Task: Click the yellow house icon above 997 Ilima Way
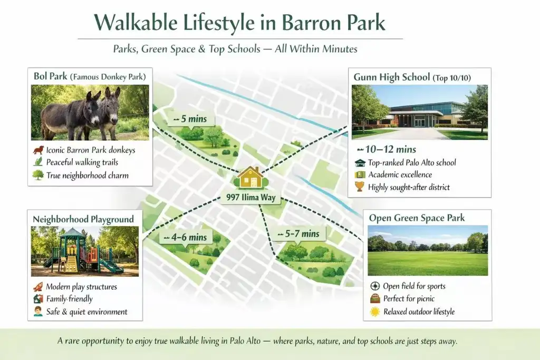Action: (251, 178)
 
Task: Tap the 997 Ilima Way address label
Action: (250, 198)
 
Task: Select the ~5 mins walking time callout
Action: (190, 119)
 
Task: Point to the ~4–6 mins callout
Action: (185, 238)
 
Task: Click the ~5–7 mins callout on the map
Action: (298, 234)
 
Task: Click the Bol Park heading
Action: (50, 76)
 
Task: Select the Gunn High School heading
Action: (392, 77)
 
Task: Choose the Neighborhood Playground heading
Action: (83, 219)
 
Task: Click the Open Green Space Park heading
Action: (417, 218)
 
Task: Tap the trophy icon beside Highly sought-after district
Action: (360, 187)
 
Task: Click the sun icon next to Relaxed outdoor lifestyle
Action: (375, 312)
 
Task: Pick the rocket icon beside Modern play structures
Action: (38, 286)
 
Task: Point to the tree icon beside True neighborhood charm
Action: (38, 175)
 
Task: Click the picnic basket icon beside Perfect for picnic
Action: (375, 298)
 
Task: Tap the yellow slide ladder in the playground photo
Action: (72, 264)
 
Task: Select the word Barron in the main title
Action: (312, 23)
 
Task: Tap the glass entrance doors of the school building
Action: (420, 122)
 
